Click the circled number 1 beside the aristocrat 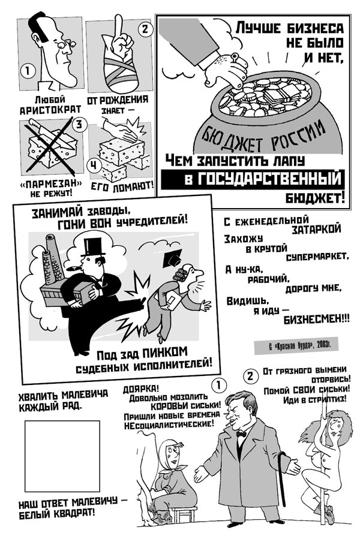click(25, 71)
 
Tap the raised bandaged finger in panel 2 click(119, 31)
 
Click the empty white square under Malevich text click(62, 455)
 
